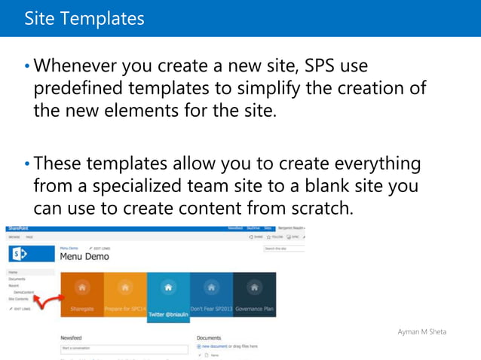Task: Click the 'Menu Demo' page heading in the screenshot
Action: (x=84, y=256)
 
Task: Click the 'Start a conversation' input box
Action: (x=124, y=349)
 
